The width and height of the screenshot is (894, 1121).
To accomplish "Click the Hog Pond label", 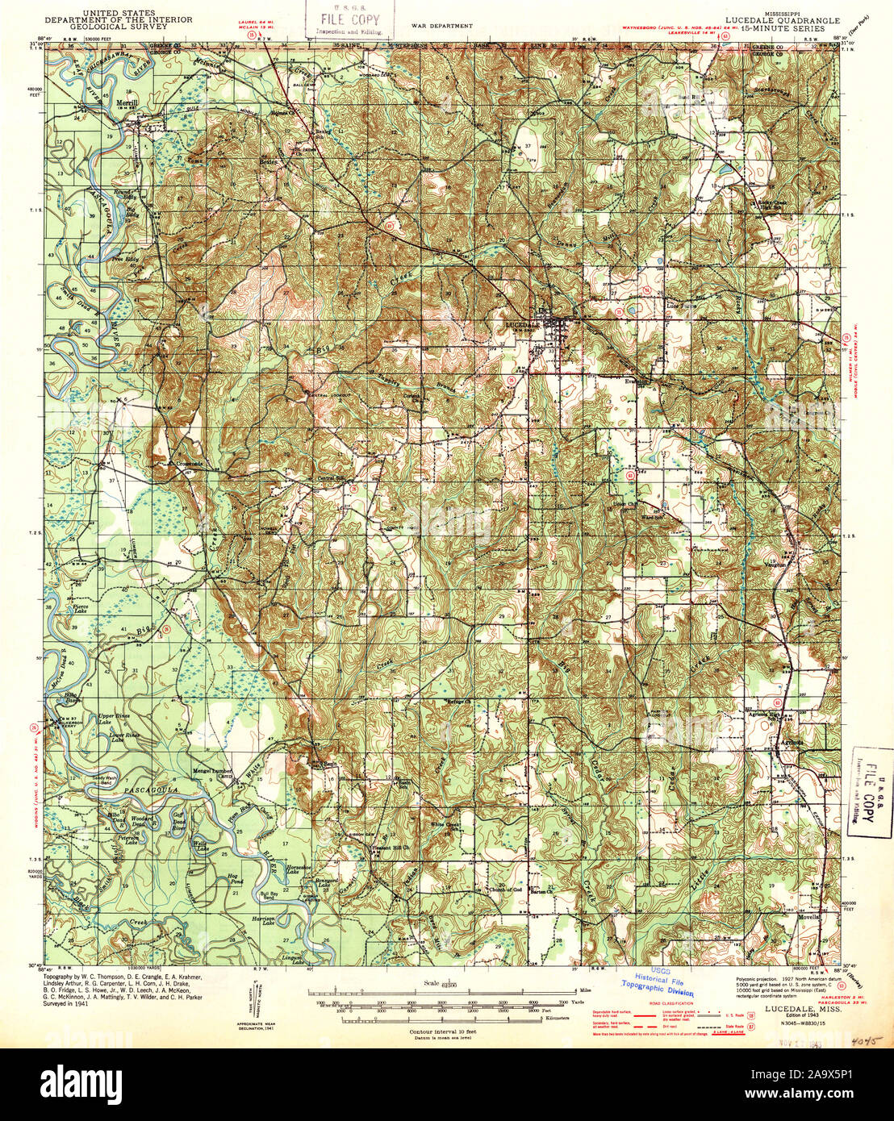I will click(235, 878).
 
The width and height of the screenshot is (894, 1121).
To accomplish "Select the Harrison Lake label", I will click(264, 921).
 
